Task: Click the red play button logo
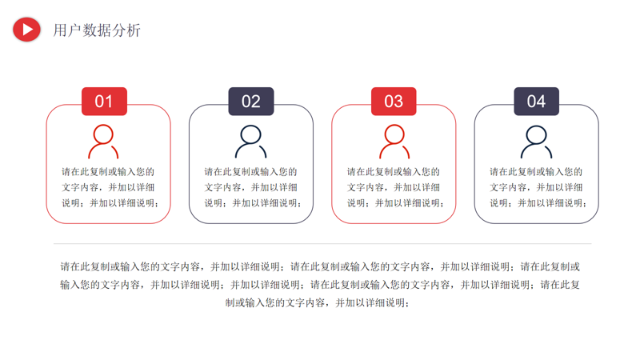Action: point(26,30)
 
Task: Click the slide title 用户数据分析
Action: point(97,30)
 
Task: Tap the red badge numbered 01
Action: point(104,102)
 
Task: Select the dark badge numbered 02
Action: point(251,102)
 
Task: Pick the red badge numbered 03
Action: point(394,102)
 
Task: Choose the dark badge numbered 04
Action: point(536,102)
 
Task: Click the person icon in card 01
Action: point(104,142)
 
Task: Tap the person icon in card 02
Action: point(251,142)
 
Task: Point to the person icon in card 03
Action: point(394,142)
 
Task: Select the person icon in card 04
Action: point(536,142)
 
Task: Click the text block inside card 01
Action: point(108,187)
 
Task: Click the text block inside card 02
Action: point(251,187)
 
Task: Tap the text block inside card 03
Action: point(394,187)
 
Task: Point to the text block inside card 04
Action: point(536,187)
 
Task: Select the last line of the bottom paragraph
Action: point(318,303)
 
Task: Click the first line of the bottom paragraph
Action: point(320,266)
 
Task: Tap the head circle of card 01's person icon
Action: point(104,134)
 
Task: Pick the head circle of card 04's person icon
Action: point(536,134)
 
